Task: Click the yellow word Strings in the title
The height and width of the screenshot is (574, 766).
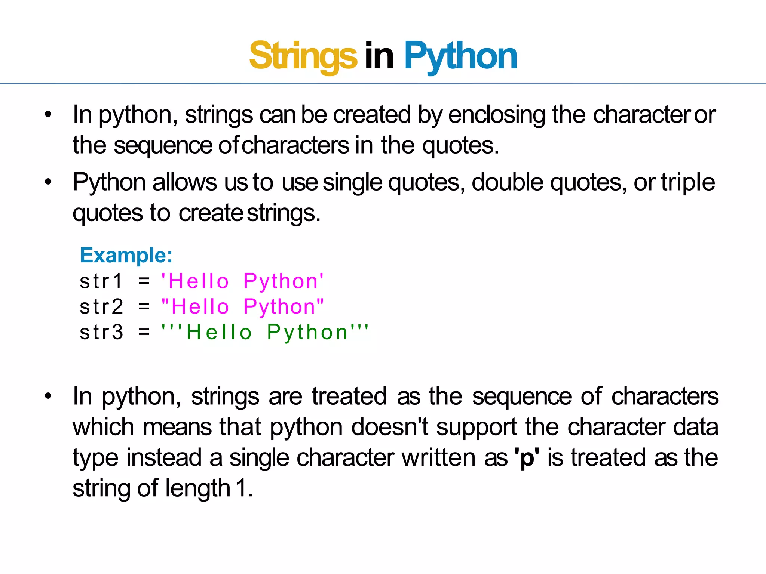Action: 303,56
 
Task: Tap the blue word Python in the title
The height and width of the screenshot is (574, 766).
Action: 460,56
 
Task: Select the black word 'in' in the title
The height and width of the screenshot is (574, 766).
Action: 379,56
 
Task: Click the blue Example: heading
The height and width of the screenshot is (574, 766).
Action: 126,256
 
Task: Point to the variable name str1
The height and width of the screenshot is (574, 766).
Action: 101,281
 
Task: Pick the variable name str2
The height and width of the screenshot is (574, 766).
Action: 101,307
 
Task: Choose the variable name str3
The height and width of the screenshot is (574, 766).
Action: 101,332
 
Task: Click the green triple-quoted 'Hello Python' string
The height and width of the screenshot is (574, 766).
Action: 265,332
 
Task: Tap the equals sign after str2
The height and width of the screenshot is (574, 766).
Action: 144,307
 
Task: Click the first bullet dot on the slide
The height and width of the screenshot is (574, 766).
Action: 48,115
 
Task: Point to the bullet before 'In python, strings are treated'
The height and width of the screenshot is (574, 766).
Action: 48,396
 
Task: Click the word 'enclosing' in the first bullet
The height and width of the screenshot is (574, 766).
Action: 497,115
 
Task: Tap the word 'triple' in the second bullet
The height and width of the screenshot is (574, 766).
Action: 688,183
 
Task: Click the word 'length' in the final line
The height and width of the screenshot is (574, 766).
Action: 198,488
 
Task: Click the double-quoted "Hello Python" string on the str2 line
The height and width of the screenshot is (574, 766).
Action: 242,307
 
